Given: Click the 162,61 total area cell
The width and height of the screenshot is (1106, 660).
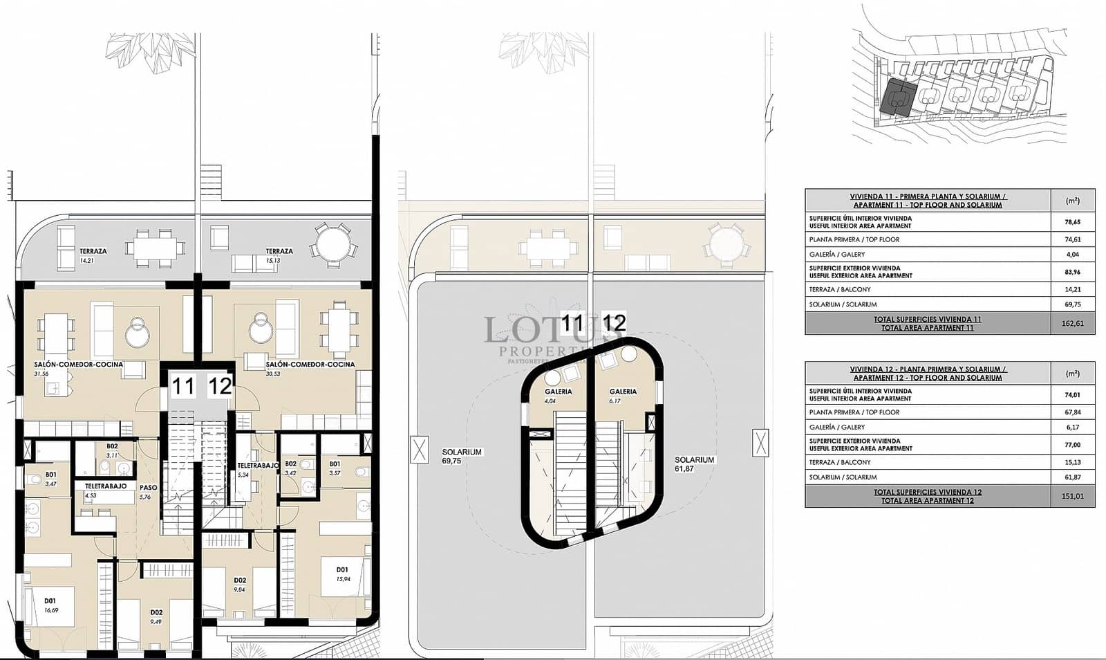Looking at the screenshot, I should click(1072, 323).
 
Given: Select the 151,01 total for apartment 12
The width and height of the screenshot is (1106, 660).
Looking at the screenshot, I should click(1072, 496).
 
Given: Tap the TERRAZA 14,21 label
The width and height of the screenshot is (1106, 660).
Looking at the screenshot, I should click(93, 255).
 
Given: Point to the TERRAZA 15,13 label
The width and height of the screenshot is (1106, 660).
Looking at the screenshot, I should click(279, 255).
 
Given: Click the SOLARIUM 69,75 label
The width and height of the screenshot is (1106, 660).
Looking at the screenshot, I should click(462, 456).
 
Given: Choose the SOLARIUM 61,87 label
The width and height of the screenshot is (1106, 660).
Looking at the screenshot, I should click(694, 464).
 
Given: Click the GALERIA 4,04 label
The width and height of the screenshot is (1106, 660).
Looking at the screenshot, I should click(558, 395).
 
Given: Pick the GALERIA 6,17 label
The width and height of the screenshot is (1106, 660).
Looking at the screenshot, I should click(623, 395).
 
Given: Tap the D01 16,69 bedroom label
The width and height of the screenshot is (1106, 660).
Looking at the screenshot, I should click(50, 605).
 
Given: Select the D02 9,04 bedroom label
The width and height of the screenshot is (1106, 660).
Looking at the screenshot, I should click(240, 585).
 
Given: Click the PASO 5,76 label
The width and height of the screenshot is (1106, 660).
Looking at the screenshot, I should click(148, 491).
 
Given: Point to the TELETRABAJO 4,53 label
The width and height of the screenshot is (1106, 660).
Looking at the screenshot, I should click(105, 490).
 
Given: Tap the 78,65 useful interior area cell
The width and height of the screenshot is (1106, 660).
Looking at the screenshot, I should click(1072, 222).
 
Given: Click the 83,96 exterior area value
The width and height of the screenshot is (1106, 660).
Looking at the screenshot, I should click(1072, 272).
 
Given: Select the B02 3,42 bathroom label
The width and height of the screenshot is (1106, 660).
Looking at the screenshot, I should click(290, 468).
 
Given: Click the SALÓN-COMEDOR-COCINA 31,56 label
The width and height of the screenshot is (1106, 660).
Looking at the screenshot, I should click(78, 368).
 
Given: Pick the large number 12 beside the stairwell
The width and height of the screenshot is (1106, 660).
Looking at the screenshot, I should click(220, 385).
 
